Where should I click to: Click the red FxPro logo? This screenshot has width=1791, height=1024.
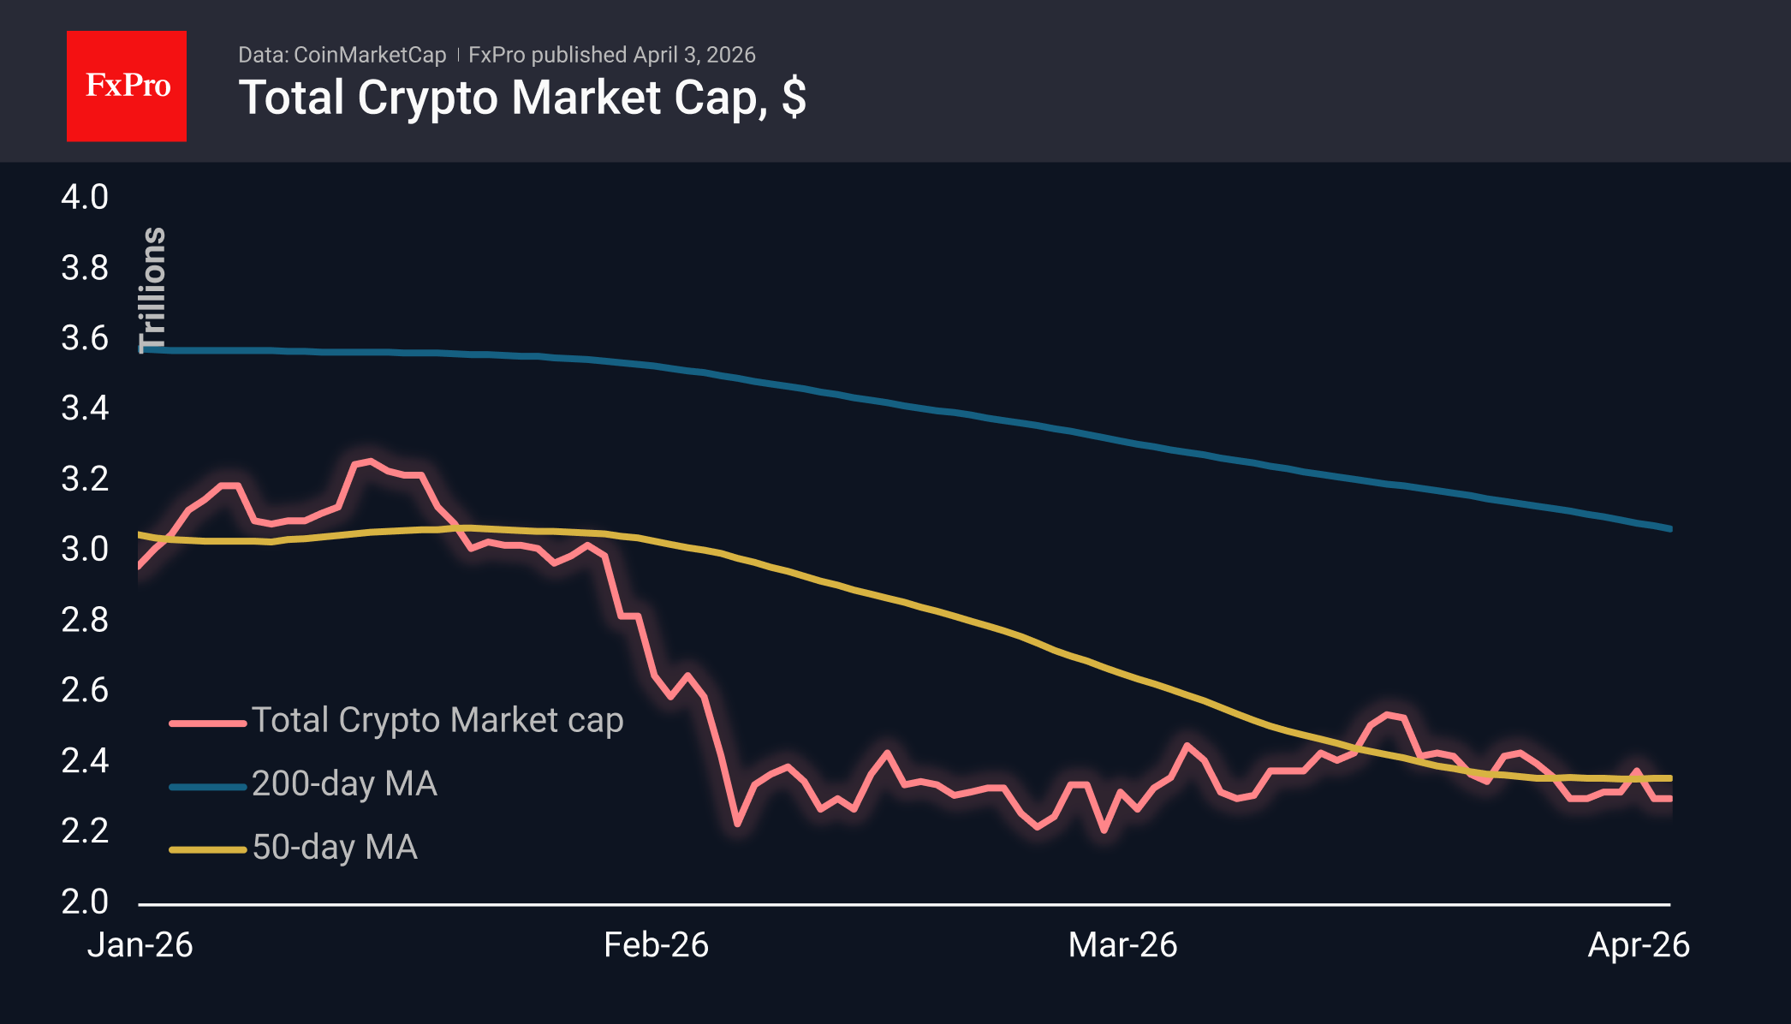point(127,86)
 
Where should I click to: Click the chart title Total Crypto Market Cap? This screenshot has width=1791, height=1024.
point(521,98)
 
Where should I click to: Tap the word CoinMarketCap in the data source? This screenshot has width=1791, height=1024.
point(369,55)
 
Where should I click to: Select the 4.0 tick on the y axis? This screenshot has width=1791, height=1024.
point(85,197)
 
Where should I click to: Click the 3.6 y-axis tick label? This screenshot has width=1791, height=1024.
point(85,338)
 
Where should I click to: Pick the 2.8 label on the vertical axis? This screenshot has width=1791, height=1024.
point(85,620)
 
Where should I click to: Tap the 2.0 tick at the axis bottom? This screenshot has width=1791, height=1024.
point(85,902)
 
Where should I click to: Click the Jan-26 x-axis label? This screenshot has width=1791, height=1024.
point(140,945)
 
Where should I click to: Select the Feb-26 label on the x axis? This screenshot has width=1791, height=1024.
point(656,945)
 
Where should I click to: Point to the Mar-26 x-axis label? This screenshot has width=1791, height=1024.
point(1122,945)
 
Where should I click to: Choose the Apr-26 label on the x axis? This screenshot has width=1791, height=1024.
point(1638,945)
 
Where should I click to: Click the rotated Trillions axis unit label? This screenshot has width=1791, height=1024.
point(152,289)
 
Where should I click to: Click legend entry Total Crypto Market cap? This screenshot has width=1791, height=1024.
point(437,720)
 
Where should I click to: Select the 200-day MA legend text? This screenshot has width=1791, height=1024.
point(344,783)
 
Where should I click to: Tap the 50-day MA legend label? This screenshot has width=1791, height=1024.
point(335,847)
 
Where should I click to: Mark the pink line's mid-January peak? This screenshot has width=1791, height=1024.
point(369,461)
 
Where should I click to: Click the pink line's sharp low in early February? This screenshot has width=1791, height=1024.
point(737,824)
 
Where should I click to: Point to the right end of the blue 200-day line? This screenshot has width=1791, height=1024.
point(1669,528)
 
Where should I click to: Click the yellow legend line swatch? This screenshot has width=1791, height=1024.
point(207,849)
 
